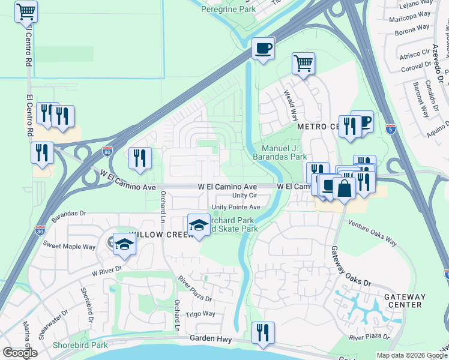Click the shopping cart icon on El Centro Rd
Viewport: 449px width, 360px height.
click(x=25, y=11)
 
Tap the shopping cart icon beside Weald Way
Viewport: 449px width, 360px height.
click(x=304, y=64)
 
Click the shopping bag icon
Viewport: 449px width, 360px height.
click(x=345, y=189)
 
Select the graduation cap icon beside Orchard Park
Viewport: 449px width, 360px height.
click(x=199, y=226)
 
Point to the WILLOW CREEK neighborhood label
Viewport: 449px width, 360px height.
click(x=154, y=235)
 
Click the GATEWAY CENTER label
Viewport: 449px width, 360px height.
click(x=404, y=301)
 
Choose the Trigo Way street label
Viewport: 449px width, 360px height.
click(x=200, y=314)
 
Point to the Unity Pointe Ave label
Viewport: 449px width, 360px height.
click(x=235, y=207)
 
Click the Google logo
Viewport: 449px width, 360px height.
click(x=20, y=353)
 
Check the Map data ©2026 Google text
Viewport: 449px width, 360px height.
click(x=412, y=355)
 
